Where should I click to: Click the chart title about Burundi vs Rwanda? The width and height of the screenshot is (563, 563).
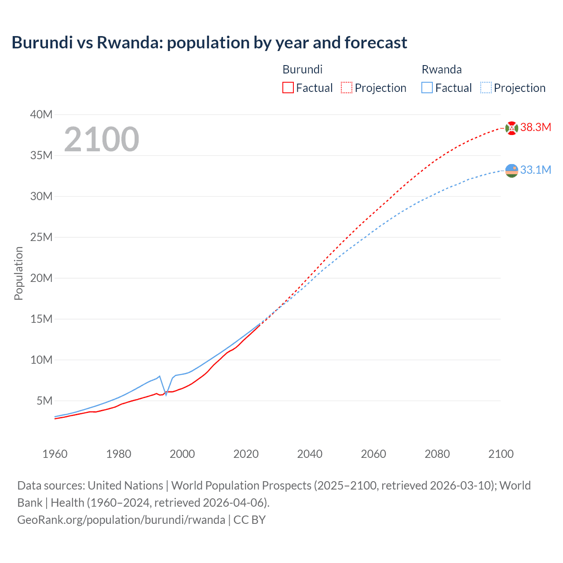(209, 43)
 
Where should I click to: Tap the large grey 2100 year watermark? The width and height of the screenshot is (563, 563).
(102, 139)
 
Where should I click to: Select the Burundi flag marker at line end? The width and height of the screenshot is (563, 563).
(512, 128)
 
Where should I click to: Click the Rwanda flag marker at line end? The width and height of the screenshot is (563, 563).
(512, 170)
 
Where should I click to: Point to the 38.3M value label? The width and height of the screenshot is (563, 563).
(536, 128)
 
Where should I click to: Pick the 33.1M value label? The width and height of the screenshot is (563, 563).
(536, 170)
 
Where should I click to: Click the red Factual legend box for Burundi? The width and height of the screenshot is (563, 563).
(288, 88)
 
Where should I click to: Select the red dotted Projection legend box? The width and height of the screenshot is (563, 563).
(347, 88)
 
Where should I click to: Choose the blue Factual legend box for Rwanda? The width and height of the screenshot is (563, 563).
(427, 88)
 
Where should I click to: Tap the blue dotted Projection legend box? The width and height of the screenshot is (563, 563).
(486, 88)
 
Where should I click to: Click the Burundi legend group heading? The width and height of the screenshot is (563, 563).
(303, 69)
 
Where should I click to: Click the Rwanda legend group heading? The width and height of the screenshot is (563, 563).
(442, 69)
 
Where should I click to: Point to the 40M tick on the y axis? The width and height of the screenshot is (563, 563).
(41, 115)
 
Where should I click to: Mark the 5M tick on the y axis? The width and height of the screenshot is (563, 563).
(44, 401)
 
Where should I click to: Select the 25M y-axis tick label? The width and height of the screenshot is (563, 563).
(41, 238)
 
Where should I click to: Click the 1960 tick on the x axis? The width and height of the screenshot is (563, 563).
(55, 454)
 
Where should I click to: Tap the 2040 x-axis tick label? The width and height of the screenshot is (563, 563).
(310, 454)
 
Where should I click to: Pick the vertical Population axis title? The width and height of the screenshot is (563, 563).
(18, 273)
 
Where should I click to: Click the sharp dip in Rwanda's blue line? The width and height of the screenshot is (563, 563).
(166, 394)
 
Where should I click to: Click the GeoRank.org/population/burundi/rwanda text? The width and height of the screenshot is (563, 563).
(121, 520)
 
